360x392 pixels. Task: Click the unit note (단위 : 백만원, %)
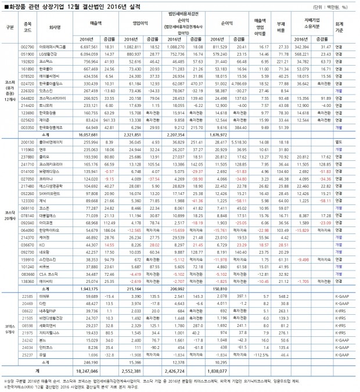(x=332, y=6)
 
